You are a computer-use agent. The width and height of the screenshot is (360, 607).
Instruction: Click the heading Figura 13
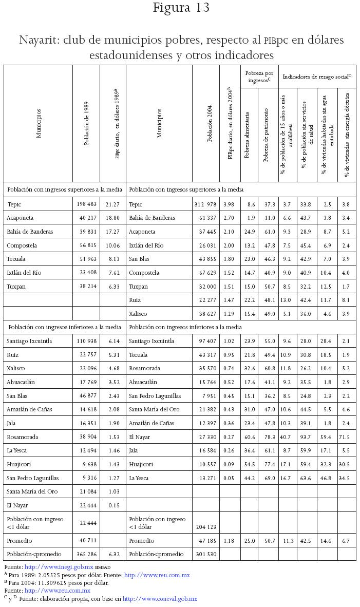point(181,9)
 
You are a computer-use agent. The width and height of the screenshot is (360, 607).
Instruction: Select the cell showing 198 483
point(86,204)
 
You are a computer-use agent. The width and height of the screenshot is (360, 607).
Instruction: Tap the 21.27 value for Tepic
point(112,204)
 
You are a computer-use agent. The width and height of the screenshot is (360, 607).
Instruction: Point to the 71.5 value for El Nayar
point(346,437)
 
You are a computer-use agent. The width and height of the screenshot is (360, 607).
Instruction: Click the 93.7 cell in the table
point(307,437)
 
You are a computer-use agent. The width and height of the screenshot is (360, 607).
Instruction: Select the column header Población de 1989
point(86,123)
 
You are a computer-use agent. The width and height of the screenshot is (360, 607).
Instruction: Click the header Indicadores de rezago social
point(317,77)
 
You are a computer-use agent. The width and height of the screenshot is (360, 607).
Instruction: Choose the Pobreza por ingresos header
point(259,77)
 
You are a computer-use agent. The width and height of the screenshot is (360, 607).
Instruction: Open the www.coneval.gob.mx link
point(160,599)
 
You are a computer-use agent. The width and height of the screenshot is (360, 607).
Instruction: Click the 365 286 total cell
point(86,554)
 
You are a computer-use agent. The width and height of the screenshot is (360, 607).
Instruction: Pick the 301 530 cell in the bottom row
point(206,554)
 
